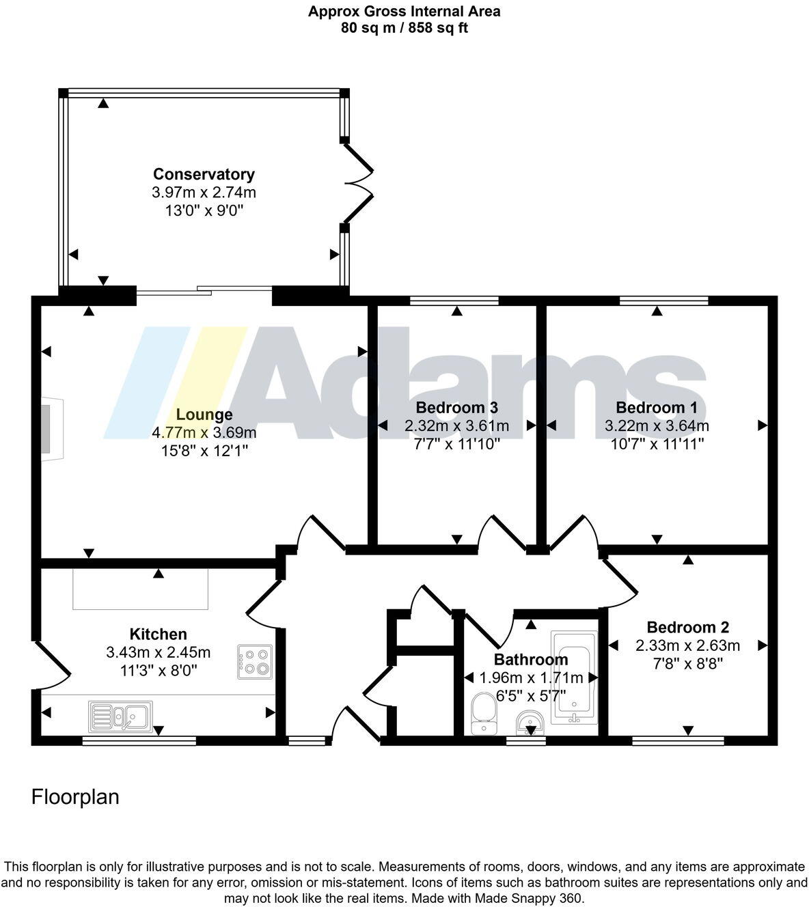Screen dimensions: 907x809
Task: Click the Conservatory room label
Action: [x=204, y=174]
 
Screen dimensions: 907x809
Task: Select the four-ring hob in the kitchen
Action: [x=254, y=661]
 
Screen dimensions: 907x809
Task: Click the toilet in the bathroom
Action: [x=484, y=713]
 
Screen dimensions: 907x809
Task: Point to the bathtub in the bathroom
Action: [x=574, y=676]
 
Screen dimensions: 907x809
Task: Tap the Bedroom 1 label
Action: [x=656, y=408]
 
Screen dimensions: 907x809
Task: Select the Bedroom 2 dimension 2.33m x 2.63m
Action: [x=687, y=645]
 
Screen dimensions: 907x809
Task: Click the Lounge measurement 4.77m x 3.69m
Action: [x=204, y=432]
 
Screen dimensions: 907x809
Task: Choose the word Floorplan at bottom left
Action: [x=75, y=797]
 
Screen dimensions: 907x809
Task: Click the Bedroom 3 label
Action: [x=456, y=408]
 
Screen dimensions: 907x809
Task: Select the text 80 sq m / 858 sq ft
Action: [x=404, y=28]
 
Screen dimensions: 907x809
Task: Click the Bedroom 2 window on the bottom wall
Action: [x=677, y=740]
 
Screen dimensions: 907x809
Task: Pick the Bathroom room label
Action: [x=531, y=660]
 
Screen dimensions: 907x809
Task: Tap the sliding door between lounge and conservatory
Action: [x=204, y=292]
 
